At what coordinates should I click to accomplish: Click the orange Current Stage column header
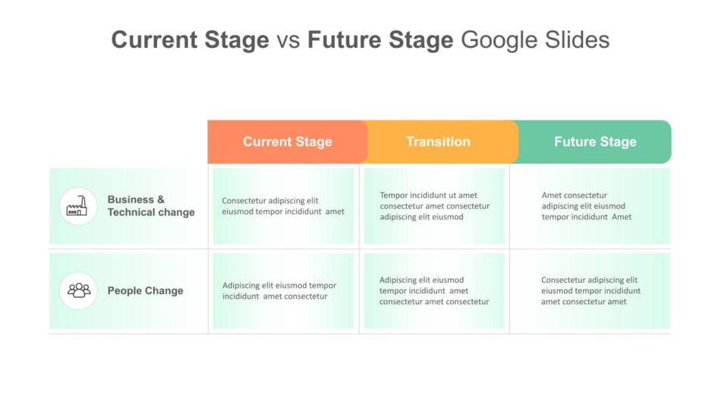pos(288,142)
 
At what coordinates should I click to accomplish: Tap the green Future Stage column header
pos(594,142)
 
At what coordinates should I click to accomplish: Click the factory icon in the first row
pos(77,206)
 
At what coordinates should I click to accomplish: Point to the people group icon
pos(79,290)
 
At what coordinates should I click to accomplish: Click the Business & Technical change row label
pos(151,206)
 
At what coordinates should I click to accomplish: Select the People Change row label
pos(145,290)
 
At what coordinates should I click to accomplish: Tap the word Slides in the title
pos(577,39)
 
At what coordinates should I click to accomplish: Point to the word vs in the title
pos(288,40)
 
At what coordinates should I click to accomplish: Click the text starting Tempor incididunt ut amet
pos(435,206)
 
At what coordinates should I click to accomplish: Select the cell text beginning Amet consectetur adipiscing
pos(586,206)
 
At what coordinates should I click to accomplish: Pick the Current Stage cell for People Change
pos(283,290)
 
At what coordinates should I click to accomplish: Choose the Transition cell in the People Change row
pos(434,290)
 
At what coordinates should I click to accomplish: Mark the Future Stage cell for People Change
pos(590,290)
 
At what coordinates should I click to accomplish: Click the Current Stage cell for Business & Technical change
pos(283,206)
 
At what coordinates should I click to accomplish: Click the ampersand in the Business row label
pos(160,199)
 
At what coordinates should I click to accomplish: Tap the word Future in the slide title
pos(345,39)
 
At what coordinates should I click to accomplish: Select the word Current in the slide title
pos(155,39)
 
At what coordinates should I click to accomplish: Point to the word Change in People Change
pos(164,291)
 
